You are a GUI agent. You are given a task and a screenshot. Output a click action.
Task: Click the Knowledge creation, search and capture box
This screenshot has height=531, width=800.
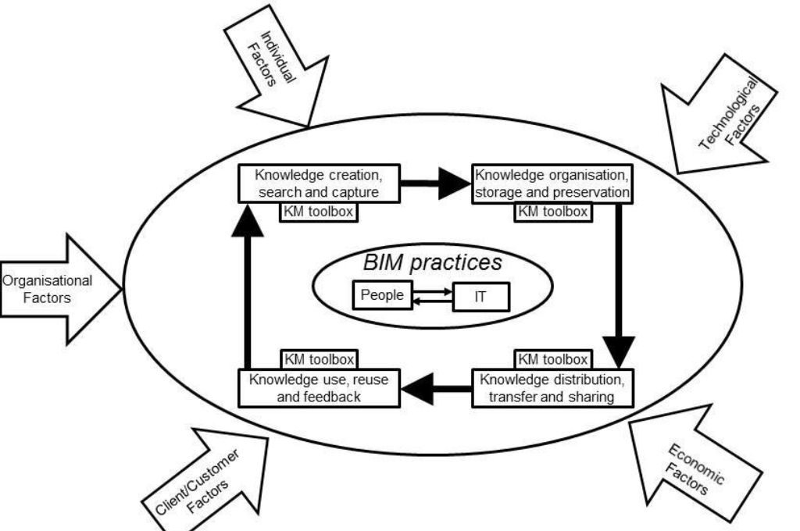tap(319, 181)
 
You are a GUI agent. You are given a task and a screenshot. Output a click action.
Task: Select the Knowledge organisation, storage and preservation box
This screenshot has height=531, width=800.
tap(552, 183)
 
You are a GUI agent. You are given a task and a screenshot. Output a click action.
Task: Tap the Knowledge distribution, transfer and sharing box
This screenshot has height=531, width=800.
tap(552, 388)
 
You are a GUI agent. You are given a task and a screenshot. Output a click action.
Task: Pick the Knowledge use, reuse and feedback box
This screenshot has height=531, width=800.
tap(319, 388)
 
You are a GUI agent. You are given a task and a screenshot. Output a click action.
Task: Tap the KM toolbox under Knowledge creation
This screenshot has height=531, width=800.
tap(318, 211)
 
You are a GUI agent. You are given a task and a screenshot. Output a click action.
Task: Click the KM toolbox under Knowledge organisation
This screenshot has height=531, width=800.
tap(552, 211)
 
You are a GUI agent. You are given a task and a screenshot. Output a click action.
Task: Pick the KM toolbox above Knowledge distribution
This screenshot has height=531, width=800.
tap(552, 359)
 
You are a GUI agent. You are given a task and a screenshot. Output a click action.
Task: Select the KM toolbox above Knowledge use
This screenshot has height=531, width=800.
tap(318, 359)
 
